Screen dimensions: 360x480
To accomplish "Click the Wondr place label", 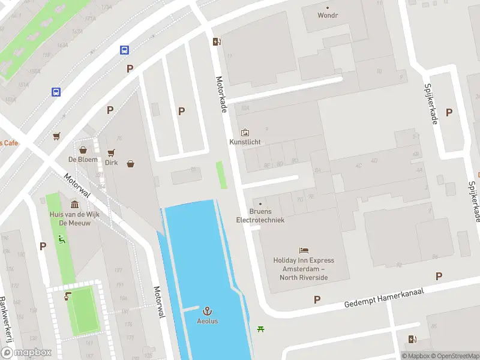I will [x=328, y=16].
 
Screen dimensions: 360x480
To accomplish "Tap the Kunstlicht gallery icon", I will [x=245, y=133].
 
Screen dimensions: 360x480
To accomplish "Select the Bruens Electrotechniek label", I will [x=260, y=215].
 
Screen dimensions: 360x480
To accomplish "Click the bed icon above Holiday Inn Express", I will [x=304, y=251].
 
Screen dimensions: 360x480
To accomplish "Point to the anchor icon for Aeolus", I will [x=208, y=311].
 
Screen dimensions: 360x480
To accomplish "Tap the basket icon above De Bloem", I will [x=83, y=149].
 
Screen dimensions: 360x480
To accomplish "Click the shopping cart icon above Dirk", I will [x=111, y=152].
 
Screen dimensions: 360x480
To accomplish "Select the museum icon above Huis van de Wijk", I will [x=74, y=205].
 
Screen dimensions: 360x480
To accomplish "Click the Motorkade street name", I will [x=220, y=92].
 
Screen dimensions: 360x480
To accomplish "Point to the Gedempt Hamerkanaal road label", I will [x=384, y=297].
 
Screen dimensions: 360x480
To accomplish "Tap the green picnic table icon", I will [x=261, y=328].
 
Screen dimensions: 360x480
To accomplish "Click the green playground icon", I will [x=61, y=239].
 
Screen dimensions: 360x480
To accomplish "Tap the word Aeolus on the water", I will [x=208, y=321].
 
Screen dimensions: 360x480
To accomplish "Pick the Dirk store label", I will [x=111, y=162].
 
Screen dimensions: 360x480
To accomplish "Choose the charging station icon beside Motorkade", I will [x=217, y=41].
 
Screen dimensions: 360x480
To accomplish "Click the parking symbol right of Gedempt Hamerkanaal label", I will [x=439, y=276].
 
